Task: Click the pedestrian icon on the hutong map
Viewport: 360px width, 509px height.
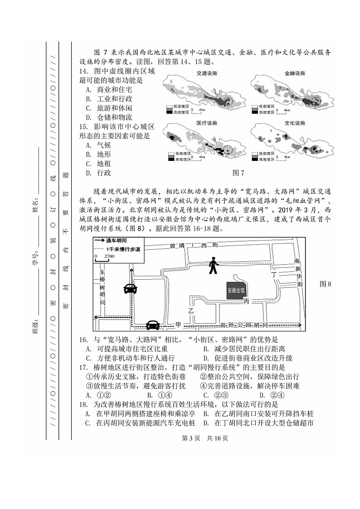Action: tap(213, 266)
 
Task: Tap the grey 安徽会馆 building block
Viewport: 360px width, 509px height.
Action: tap(236, 290)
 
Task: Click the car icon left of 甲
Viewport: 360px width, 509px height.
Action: tap(153, 325)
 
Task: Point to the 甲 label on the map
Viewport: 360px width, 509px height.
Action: tap(178, 325)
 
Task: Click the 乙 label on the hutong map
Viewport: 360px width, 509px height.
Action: tap(191, 310)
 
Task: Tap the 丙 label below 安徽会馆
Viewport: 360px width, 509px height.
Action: tap(246, 301)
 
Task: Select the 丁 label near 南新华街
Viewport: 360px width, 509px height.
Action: tap(273, 275)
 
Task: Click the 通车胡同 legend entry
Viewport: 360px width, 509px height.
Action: tap(117, 242)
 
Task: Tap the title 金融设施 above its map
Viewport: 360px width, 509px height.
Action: tap(295, 73)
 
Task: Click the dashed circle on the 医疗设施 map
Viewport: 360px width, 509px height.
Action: tap(230, 150)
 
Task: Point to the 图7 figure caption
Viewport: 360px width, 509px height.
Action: tap(238, 173)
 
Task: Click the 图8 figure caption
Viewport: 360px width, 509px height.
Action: tap(326, 284)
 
